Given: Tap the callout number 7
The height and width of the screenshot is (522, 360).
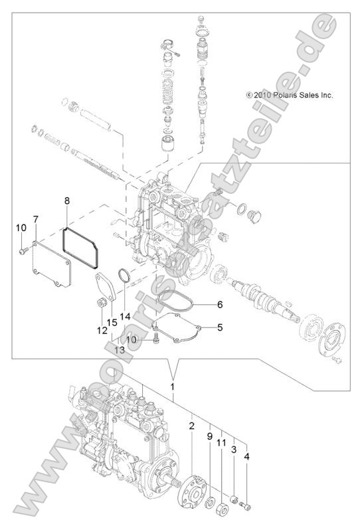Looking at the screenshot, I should point(35,218).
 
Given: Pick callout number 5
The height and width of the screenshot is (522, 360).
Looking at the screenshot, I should point(220,327).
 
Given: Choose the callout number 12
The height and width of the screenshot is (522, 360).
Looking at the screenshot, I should point(102,329).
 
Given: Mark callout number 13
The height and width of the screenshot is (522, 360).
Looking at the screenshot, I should point(119,350).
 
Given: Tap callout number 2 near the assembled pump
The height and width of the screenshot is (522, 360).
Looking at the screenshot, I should point(191,424).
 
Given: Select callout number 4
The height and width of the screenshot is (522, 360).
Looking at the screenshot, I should point(247,457).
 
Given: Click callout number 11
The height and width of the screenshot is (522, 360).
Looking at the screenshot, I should point(223,442).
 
